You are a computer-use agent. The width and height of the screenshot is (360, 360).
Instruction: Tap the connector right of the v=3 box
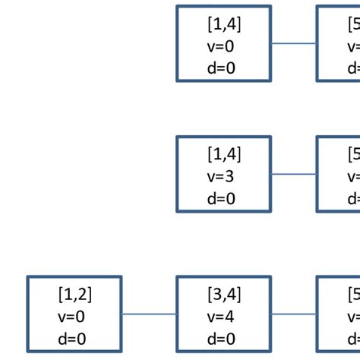[294, 174]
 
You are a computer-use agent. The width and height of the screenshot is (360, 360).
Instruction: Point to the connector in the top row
[294, 43]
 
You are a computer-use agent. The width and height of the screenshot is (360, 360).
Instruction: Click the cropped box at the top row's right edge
[339, 43]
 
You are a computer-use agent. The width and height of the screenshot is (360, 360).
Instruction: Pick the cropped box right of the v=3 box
[339, 174]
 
